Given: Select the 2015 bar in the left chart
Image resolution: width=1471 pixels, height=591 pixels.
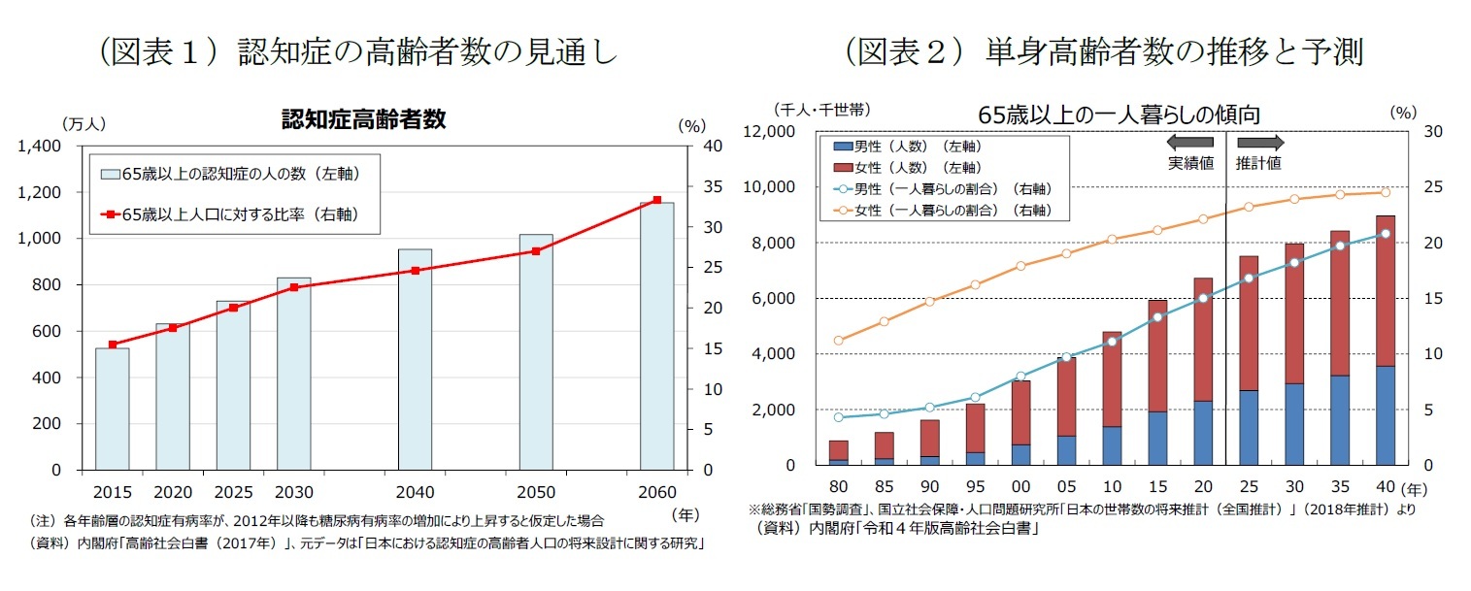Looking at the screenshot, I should pyautogui.click(x=112, y=409).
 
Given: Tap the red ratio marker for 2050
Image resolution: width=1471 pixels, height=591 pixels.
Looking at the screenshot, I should pyautogui.click(x=536, y=251).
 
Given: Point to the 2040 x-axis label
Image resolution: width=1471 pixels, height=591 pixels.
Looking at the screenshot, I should pyautogui.click(x=415, y=491).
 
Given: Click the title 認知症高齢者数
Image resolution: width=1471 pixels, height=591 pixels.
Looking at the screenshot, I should pyautogui.click(x=363, y=119).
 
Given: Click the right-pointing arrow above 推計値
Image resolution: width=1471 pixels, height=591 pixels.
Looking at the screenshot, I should pyautogui.click(x=1259, y=142).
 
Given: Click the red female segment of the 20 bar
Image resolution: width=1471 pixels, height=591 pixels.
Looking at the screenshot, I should pyautogui.click(x=1202, y=340).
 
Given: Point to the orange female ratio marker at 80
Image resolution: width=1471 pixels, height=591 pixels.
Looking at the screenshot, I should pyautogui.click(x=838, y=341).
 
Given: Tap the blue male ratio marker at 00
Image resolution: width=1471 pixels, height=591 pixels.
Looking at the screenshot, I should pyautogui.click(x=1020, y=376).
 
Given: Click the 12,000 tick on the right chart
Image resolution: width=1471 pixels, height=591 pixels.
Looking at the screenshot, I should pyautogui.click(x=769, y=132).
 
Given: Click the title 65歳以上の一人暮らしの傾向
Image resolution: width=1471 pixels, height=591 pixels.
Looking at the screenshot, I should pyautogui.click(x=1119, y=115).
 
